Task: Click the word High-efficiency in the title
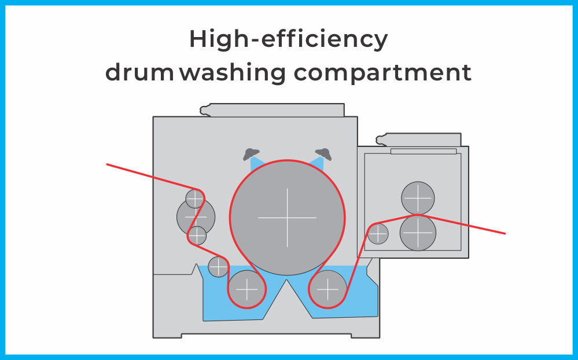click(x=289, y=39)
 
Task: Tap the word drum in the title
click(x=139, y=72)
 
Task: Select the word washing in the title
click(x=233, y=73)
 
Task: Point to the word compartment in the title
click(x=382, y=74)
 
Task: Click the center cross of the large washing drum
click(x=287, y=218)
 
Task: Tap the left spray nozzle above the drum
click(x=251, y=154)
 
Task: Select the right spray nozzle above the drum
click(x=323, y=154)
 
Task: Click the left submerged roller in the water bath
click(x=246, y=289)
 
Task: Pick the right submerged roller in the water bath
click(x=327, y=289)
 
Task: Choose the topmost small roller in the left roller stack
click(x=194, y=199)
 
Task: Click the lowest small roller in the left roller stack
click(x=197, y=236)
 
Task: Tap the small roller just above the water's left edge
click(x=218, y=267)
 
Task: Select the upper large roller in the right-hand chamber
click(x=418, y=198)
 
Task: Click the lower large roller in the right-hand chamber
click(x=418, y=233)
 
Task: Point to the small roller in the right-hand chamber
click(x=378, y=234)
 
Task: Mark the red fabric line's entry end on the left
click(x=107, y=164)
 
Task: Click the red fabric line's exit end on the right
click(x=505, y=233)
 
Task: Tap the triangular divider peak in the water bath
click(x=287, y=280)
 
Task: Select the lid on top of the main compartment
click(x=272, y=111)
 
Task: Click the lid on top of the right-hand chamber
click(x=418, y=140)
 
